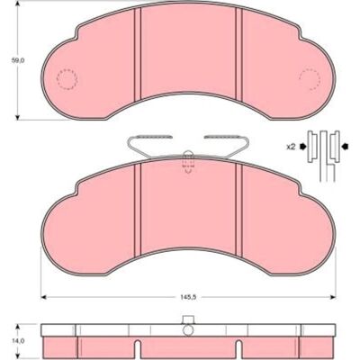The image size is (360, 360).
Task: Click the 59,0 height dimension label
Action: [18, 60]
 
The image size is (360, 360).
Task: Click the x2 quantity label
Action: [291, 147]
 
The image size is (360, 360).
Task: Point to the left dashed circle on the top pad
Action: [67, 79]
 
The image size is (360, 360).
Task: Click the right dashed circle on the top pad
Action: [310, 79]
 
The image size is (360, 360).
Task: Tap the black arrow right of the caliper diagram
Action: [346, 147]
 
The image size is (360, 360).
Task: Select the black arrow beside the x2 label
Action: [302, 147]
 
